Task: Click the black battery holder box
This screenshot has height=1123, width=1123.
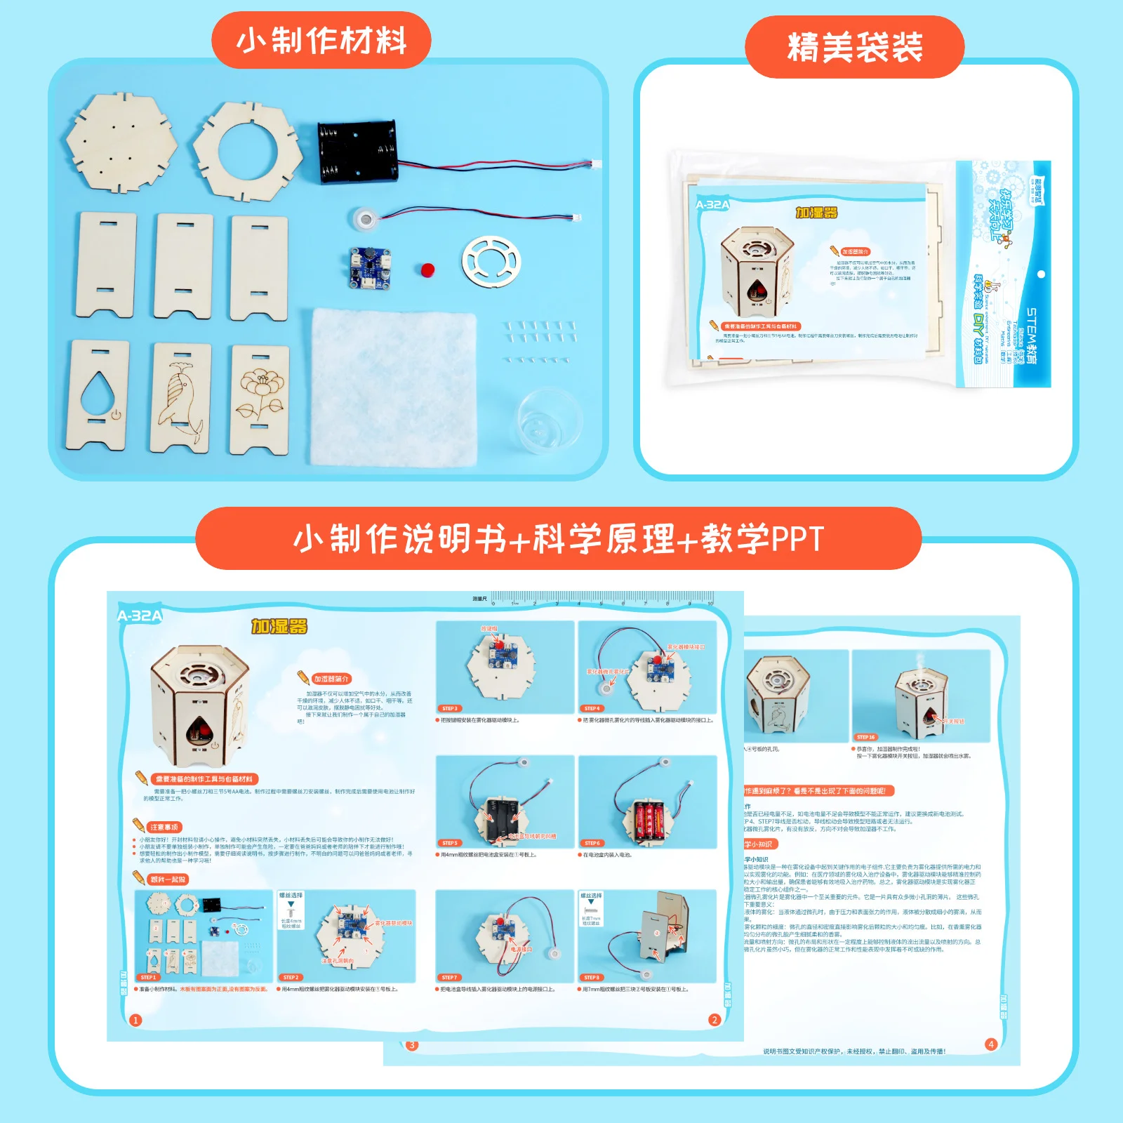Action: (357, 152)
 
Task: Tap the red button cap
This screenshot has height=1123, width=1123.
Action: (427, 270)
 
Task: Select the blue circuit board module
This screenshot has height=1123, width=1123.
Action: (370, 267)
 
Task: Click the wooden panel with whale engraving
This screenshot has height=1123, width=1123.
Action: (180, 397)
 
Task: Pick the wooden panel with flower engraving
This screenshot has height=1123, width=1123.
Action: (260, 398)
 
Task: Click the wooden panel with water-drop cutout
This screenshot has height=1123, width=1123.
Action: (99, 394)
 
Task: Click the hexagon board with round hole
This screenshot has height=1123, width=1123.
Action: (248, 152)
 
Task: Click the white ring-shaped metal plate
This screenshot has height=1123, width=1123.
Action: (491, 262)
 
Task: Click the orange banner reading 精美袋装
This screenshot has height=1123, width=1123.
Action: (854, 47)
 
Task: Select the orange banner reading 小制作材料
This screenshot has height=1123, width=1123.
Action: (321, 40)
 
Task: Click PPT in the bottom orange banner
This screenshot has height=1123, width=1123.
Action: (797, 539)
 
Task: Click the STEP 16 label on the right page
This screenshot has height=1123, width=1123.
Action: (865, 737)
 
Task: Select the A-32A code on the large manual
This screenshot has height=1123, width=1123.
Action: (140, 616)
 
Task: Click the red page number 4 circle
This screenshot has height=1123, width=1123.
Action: (990, 1044)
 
